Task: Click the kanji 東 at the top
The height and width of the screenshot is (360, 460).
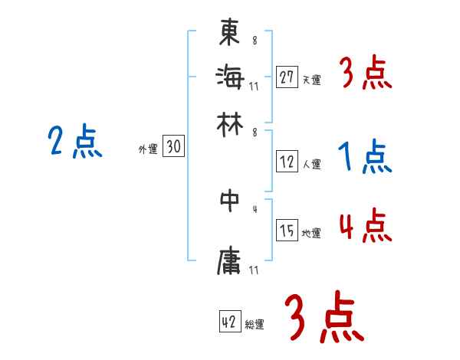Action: [229, 33]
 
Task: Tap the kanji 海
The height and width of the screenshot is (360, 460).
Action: [229, 77]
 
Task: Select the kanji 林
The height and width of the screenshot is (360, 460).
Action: [229, 123]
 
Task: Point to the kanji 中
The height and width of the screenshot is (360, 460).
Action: [229, 201]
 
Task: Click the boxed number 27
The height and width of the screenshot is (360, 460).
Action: [287, 77]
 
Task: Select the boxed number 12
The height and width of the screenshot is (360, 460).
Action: [287, 162]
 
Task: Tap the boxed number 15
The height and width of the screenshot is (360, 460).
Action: [287, 231]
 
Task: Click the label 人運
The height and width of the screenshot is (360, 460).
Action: [311, 164]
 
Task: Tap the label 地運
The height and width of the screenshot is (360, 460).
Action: [311, 234]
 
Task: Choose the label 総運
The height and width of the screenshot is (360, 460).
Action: [254, 325]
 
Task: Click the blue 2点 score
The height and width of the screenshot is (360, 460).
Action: [75, 142]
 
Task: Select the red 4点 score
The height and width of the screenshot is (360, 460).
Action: [365, 227]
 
